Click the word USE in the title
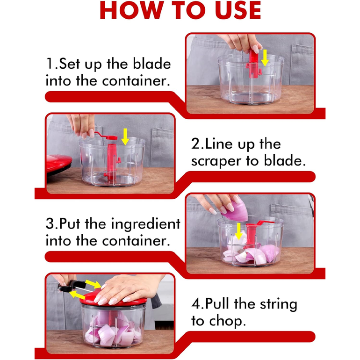[x=238, y=10]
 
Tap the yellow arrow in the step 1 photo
[x=265, y=58]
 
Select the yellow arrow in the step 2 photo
[x=125, y=137]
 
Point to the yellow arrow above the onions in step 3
[x=239, y=231]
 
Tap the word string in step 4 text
[x=279, y=305]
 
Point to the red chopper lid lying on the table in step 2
[x=59, y=164]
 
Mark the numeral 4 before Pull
[x=196, y=304]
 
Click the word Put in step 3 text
[x=70, y=223]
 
